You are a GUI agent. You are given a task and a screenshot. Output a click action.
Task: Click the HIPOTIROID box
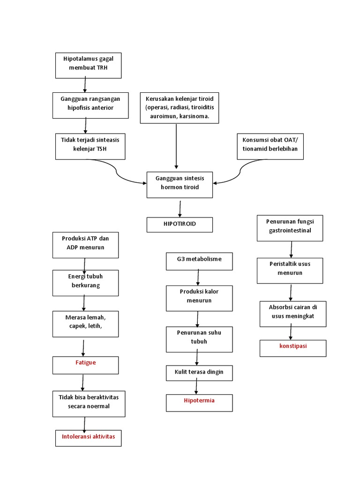(180, 225)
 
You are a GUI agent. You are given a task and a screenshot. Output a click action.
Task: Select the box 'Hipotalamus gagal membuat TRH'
(88, 65)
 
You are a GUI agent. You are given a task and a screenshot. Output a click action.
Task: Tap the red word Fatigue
(85, 362)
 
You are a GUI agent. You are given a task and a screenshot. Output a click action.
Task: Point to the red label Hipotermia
(199, 401)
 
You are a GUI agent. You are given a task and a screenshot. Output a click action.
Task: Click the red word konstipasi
(293, 346)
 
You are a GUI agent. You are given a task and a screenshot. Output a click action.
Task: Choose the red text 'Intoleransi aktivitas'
(88, 436)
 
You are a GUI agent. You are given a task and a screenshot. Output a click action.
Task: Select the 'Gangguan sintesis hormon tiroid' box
(180, 183)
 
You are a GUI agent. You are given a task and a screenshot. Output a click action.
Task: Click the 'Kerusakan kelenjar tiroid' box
(180, 108)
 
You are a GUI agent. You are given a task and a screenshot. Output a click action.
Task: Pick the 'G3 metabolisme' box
(199, 259)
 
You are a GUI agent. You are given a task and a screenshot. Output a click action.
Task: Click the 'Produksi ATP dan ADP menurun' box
(85, 243)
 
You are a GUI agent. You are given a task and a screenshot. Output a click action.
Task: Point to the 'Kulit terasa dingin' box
(199, 372)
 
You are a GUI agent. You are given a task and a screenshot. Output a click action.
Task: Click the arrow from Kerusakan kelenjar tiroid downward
(176, 145)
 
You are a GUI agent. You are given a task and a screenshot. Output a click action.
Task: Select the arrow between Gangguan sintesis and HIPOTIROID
(180, 208)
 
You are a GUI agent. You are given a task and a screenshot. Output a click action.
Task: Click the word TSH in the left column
(102, 149)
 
